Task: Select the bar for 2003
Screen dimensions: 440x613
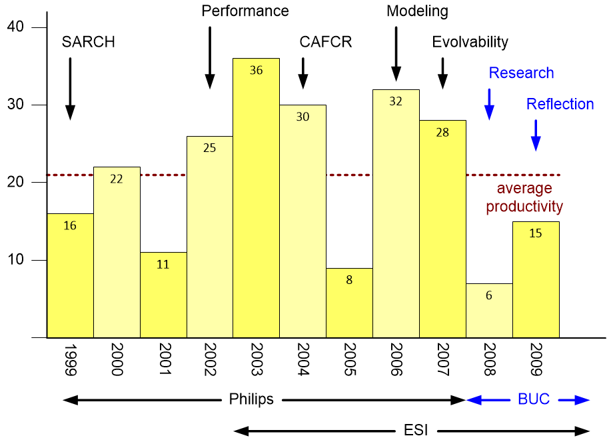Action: click(x=256, y=200)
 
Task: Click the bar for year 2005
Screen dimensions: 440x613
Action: click(x=349, y=303)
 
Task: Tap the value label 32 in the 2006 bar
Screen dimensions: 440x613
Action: click(x=396, y=101)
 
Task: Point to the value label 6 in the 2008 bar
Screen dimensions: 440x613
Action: click(x=489, y=295)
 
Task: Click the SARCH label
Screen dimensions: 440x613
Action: click(x=88, y=42)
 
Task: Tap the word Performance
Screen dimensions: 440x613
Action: click(x=245, y=11)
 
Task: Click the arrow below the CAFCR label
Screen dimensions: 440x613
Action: click(x=303, y=73)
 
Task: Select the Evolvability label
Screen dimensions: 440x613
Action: click(x=470, y=42)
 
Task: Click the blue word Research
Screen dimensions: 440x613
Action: click(x=521, y=73)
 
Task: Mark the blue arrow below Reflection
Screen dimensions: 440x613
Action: click(x=536, y=135)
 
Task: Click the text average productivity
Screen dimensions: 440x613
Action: click(x=524, y=197)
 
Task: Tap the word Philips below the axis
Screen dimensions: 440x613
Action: click(x=251, y=400)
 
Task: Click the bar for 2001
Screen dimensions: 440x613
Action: click(x=163, y=295)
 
